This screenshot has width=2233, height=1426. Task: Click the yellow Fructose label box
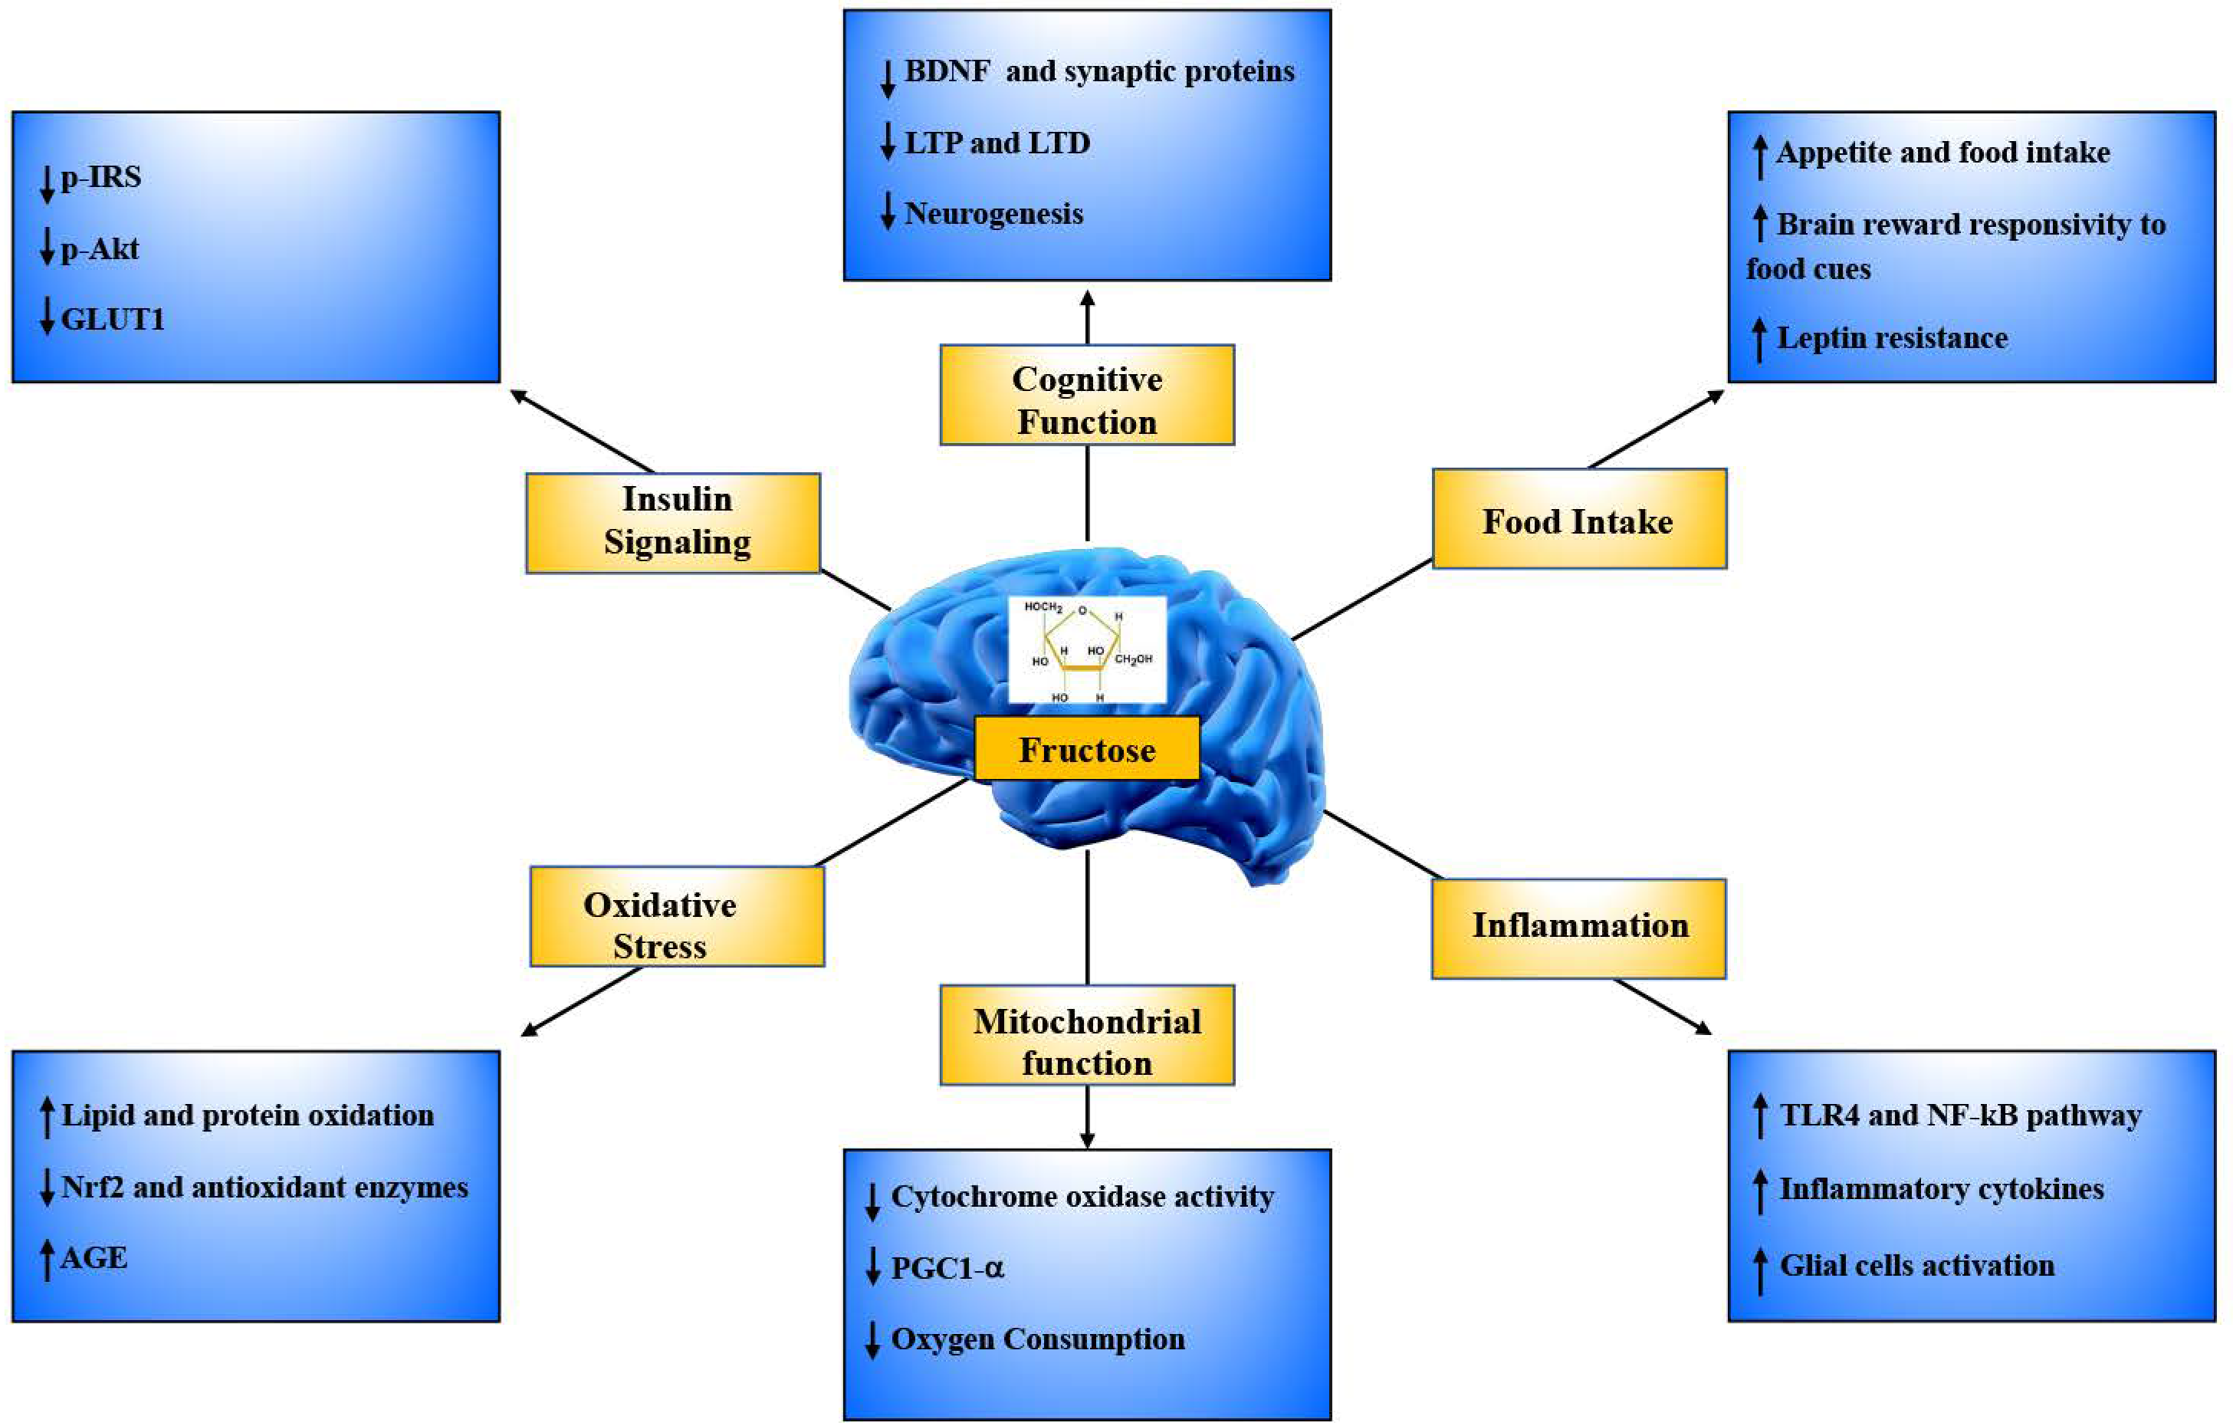(x=1087, y=748)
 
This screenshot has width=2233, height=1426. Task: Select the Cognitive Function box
(x=1087, y=396)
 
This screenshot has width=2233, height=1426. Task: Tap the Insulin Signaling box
(x=673, y=523)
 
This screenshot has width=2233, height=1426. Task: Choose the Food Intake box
(x=1578, y=519)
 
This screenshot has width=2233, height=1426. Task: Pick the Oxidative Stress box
(x=676, y=917)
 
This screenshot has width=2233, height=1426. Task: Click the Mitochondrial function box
(x=1087, y=1036)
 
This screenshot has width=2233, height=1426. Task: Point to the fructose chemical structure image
(x=1087, y=650)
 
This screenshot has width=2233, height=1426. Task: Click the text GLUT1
(x=112, y=320)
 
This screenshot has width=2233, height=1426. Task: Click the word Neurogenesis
(x=993, y=214)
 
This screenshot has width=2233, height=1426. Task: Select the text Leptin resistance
(x=1892, y=337)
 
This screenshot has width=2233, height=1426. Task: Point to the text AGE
(x=94, y=1258)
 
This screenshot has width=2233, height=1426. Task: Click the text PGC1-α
(x=947, y=1267)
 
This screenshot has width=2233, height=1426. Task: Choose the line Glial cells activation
(x=1916, y=1266)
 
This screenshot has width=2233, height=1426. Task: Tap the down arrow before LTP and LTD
(x=888, y=142)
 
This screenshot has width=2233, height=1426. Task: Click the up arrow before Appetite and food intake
(x=1759, y=155)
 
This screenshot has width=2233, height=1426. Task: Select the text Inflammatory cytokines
(x=1941, y=1188)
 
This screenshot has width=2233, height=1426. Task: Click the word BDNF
(x=947, y=71)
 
